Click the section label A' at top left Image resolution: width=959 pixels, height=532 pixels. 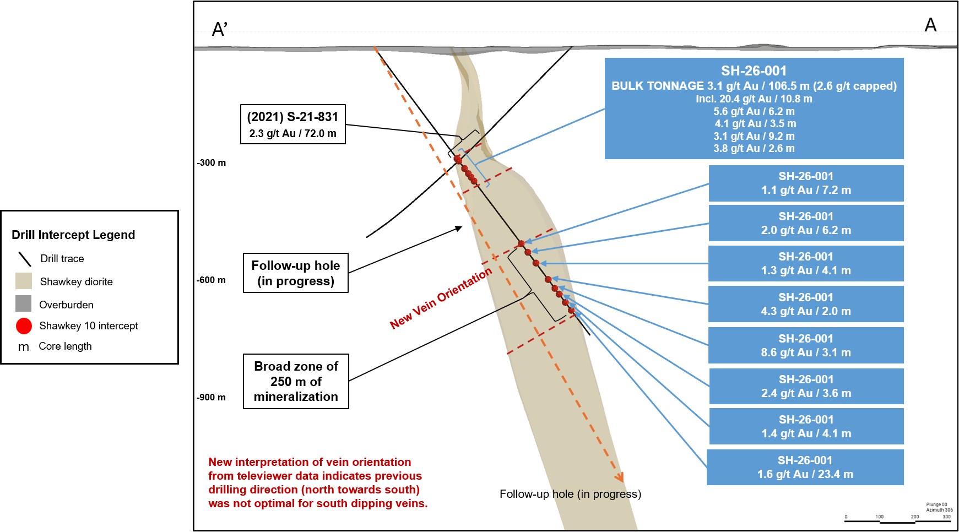[x=220, y=29]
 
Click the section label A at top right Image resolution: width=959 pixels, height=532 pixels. [x=930, y=25]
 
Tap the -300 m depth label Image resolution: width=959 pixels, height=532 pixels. [x=212, y=163]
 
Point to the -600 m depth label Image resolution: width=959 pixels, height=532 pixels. [x=212, y=280]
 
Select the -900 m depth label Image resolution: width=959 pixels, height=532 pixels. [x=212, y=398]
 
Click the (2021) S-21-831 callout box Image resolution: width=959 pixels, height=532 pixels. [x=293, y=124]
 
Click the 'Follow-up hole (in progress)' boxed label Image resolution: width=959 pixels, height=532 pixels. [x=296, y=273]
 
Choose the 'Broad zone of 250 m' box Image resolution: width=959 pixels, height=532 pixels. [x=296, y=381]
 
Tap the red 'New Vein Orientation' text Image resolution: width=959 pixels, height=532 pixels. [x=441, y=298]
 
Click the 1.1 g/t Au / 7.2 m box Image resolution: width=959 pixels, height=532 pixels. [x=806, y=183]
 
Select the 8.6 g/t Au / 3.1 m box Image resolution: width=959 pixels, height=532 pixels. [x=806, y=345]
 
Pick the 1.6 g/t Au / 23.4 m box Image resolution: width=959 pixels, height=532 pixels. [x=805, y=467]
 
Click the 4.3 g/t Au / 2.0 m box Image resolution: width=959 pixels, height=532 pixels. [x=806, y=304]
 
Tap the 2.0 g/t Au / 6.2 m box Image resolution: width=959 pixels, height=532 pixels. [x=806, y=223]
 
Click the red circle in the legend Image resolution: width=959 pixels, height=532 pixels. [x=24, y=326]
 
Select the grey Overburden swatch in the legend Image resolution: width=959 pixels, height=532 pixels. [x=24, y=303]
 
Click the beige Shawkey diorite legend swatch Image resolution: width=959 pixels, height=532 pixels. [x=24, y=281]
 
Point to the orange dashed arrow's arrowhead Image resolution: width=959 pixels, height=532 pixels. [x=619, y=476]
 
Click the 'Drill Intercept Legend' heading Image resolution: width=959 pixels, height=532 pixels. [x=73, y=235]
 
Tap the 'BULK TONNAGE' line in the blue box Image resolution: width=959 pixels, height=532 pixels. [x=754, y=86]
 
